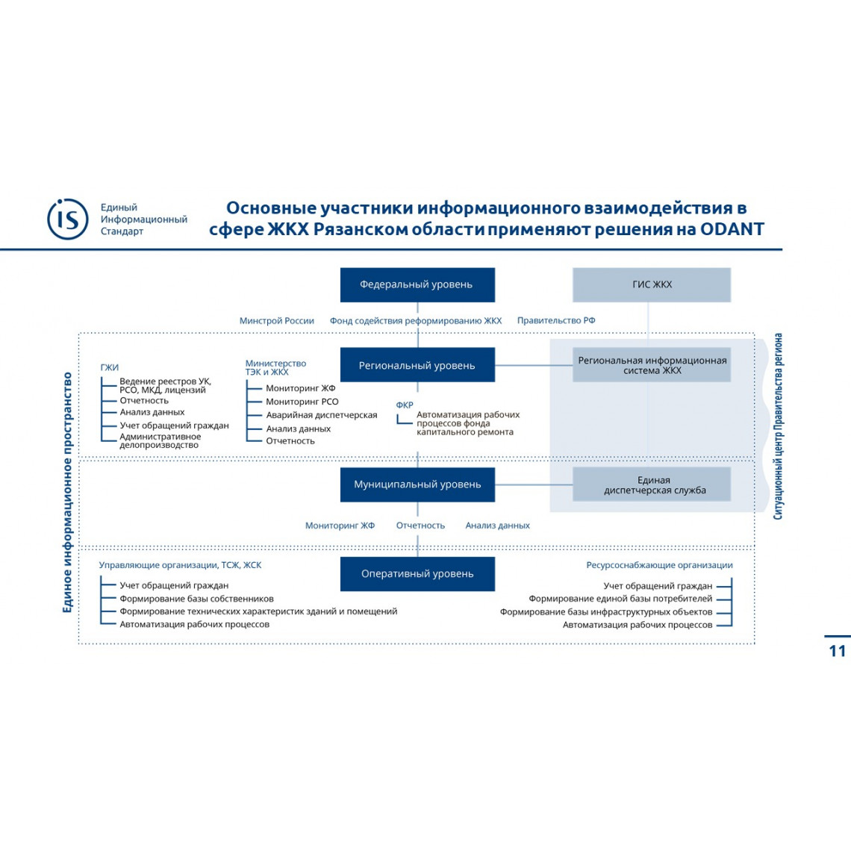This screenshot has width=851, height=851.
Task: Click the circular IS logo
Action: [x=68, y=219]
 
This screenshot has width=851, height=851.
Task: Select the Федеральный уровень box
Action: [x=417, y=284]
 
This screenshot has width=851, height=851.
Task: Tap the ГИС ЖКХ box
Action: [x=652, y=284]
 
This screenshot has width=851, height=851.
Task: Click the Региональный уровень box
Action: [x=417, y=365]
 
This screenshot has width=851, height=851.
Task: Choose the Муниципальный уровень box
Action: [x=417, y=484]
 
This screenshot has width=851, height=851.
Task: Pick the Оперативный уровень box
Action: [x=417, y=573]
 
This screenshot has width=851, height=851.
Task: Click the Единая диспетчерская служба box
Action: [x=652, y=484]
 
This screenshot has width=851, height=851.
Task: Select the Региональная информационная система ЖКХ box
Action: [x=652, y=365]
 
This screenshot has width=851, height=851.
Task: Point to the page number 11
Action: [x=838, y=651]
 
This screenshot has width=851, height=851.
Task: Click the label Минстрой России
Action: [x=277, y=321]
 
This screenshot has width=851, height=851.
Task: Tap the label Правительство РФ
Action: [x=556, y=320]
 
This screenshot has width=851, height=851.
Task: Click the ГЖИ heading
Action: [x=110, y=367]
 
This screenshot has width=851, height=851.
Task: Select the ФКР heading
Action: [x=405, y=405]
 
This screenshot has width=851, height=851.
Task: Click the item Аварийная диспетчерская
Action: [x=321, y=415]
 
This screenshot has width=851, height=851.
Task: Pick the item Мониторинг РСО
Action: [x=302, y=402]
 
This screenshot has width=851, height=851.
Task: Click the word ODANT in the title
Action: [x=732, y=229]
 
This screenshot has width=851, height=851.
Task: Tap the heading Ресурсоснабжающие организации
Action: [x=659, y=565]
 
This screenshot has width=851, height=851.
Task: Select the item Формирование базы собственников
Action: [x=196, y=599]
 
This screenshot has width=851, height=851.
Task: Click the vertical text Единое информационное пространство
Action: [x=67, y=492]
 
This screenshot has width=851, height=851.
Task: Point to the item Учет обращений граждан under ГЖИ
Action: [x=174, y=425]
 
